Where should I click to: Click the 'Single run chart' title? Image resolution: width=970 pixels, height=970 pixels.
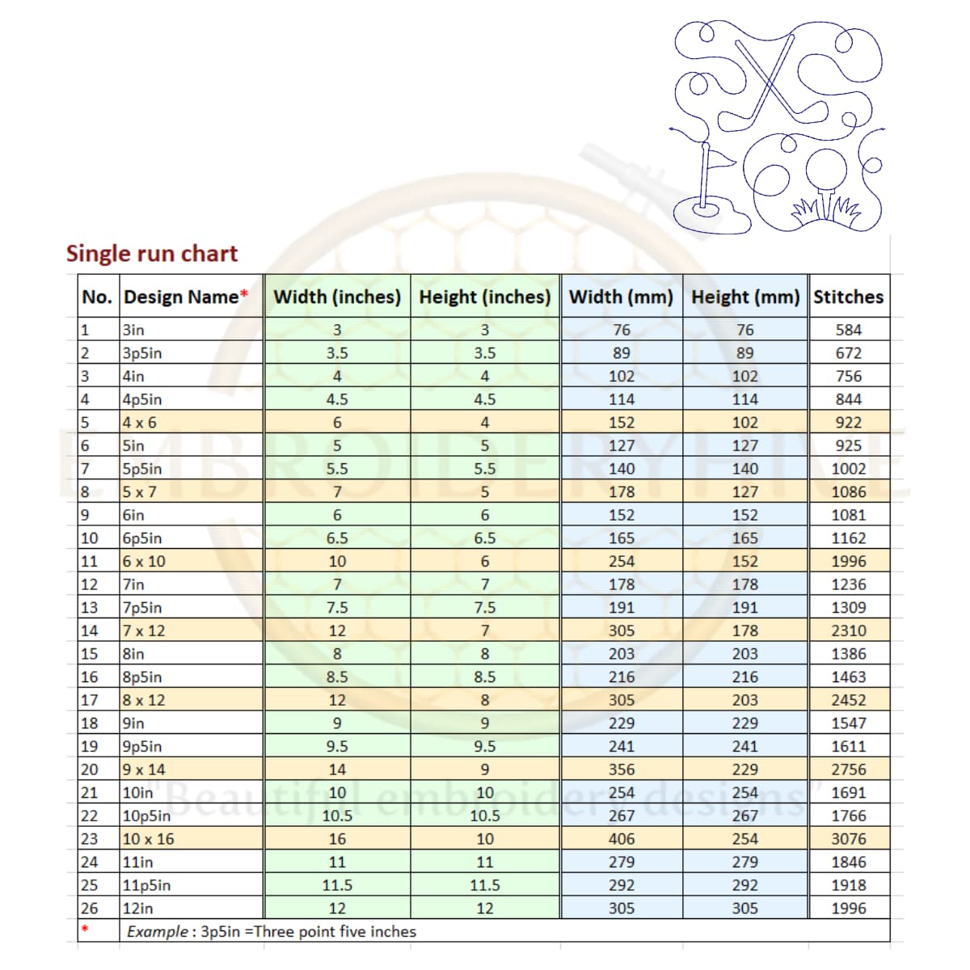152,253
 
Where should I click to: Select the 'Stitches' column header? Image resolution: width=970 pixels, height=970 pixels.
848,297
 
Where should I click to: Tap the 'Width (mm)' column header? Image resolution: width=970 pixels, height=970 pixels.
621,297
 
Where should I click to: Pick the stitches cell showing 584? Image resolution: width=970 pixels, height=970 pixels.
848,330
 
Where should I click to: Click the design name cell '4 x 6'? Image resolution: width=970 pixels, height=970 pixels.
140,422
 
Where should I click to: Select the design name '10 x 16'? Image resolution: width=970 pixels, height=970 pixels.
148,839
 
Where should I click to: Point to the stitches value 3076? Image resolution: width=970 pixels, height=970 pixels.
848,839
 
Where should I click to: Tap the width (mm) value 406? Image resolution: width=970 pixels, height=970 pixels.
621,839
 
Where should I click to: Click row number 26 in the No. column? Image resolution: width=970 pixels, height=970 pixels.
89,909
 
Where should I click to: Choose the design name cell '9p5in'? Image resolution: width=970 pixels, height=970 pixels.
142,746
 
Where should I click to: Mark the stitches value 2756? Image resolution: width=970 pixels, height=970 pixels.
848,770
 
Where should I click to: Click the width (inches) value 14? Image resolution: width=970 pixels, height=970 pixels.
337,770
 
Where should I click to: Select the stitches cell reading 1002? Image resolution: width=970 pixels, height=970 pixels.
848,469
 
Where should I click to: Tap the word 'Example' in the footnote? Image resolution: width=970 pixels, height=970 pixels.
157,932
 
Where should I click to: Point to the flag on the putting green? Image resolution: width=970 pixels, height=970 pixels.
722,158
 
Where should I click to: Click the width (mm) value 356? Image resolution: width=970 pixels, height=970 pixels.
621,770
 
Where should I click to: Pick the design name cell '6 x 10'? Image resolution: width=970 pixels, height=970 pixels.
144,561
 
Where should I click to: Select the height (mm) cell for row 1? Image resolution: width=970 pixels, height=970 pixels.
744,330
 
